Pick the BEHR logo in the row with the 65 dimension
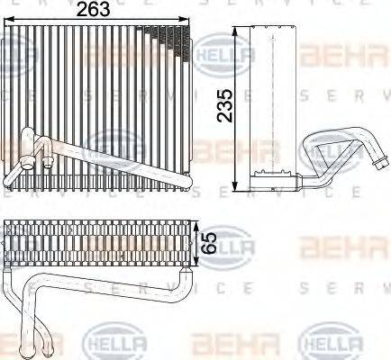pyautogui.click(x=330, y=244)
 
